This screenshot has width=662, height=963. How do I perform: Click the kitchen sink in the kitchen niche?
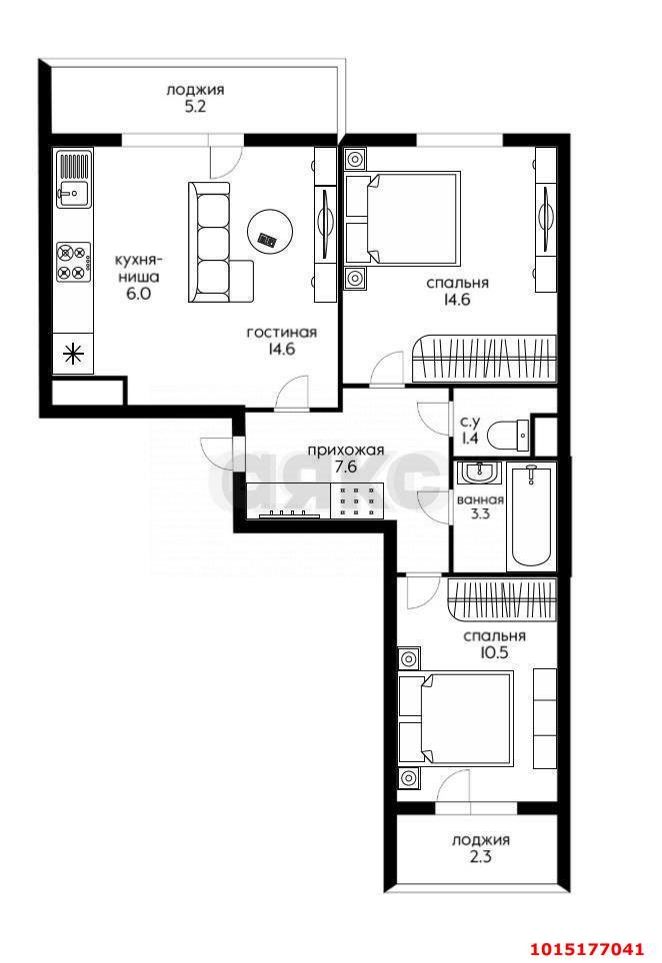click(74, 178)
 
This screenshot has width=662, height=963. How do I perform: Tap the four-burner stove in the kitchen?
click(74, 263)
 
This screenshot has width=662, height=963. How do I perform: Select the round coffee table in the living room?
click(269, 232)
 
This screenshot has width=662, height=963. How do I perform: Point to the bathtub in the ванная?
click(532, 516)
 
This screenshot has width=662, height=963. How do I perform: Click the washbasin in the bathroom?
click(479, 474)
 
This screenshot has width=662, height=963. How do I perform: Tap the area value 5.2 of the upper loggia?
click(194, 107)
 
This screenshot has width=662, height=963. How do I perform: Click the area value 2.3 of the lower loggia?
click(480, 856)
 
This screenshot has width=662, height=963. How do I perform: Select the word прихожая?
click(345, 450)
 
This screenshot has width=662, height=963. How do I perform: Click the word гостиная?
click(282, 333)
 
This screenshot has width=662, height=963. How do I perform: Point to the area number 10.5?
click(494, 653)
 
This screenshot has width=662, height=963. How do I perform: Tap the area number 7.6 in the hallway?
click(345, 467)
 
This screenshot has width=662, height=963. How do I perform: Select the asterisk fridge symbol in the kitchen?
click(74, 355)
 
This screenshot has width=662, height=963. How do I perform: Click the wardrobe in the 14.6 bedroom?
click(483, 360)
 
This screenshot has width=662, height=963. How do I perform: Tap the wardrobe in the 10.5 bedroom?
click(502, 598)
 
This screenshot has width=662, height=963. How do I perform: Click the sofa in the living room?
click(218, 242)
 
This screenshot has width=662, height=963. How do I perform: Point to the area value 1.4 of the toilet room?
click(470, 439)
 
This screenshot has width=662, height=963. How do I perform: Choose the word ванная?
click(480, 499)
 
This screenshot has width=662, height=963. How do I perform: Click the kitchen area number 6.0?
click(138, 294)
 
